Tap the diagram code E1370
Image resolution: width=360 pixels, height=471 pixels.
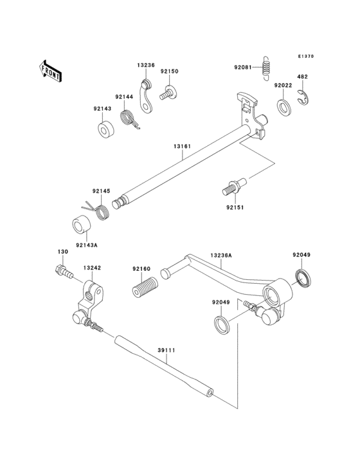point(306,56)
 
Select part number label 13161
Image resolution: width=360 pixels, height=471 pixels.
point(182,147)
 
